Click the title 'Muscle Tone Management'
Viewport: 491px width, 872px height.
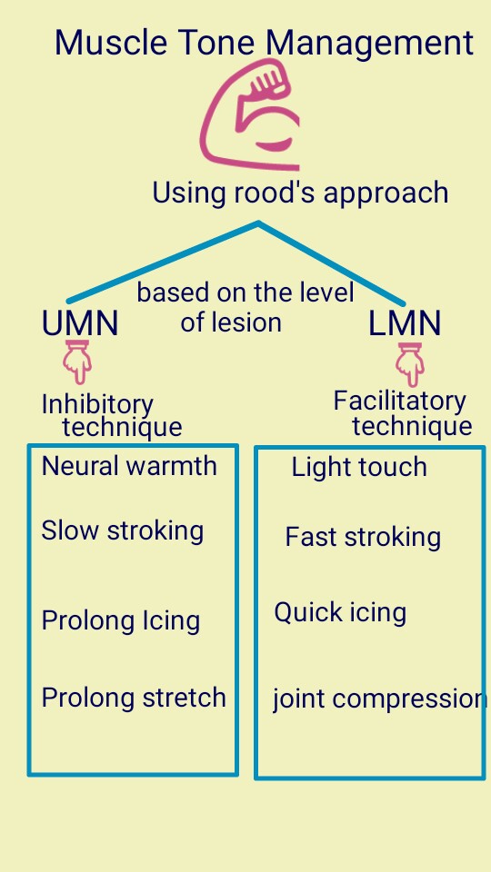264,44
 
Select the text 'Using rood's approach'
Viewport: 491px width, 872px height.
300,193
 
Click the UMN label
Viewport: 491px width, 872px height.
80,323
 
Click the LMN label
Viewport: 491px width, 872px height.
405,323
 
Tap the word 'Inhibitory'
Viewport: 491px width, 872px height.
97,404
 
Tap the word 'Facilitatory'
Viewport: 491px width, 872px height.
399,401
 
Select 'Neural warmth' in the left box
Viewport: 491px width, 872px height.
129,466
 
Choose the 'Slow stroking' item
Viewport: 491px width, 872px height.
122,530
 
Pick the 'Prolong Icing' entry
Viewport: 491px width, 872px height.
120,621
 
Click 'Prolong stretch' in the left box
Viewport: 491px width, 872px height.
134,698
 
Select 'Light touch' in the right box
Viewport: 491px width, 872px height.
359,468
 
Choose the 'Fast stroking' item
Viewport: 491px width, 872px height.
363,537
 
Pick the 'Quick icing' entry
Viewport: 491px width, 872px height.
340,612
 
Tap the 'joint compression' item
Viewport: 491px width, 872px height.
378,699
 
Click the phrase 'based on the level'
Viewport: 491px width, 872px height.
245,292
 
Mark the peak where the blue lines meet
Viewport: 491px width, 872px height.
259,223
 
